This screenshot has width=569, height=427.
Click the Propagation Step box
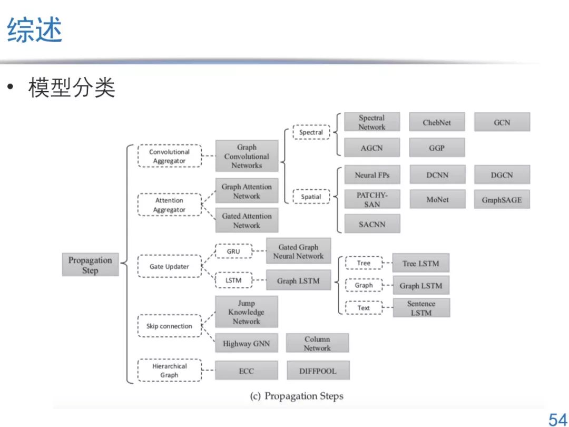(90, 265)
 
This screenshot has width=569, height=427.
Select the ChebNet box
(437, 122)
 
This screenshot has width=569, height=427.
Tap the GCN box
(502, 122)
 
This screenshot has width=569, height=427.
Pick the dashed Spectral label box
(311, 132)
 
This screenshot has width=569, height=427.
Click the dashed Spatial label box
(311, 197)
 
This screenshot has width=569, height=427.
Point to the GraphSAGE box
(502, 200)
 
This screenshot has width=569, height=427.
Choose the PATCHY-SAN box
(372, 200)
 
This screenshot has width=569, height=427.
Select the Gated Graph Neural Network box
(298, 251)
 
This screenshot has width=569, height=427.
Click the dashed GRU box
(233, 251)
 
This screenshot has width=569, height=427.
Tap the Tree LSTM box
(420, 264)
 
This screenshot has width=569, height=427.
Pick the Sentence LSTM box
(421, 308)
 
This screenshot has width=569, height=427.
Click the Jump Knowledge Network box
(246, 312)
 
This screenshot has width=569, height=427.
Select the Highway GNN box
(246, 344)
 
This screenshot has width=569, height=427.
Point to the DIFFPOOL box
(317, 371)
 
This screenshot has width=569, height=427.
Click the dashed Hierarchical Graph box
(169, 371)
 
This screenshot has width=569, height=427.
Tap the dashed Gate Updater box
(169, 266)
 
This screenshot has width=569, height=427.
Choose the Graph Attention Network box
(247, 191)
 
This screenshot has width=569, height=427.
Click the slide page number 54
(557, 420)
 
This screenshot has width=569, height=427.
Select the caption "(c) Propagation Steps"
(297, 396)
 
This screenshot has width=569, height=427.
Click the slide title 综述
(35, 30)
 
